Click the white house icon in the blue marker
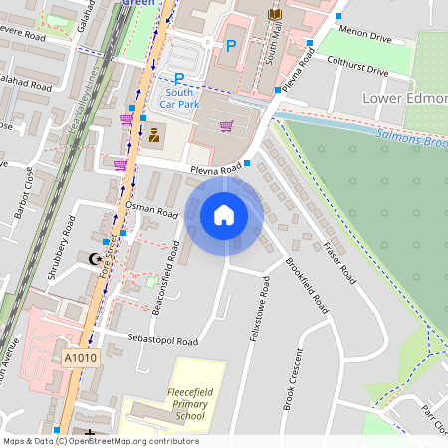[x=224, y=214]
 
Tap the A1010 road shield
[x=80, y=358]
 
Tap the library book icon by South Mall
[x=275, y=14]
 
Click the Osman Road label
[x=152, y=209]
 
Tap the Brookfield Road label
[x=306, y=284]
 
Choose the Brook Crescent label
[x=291, y=378]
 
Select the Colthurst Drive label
[x=356, y=65]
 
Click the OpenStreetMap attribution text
[x=101, y=441]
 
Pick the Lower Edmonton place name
[x=406, y=98]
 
